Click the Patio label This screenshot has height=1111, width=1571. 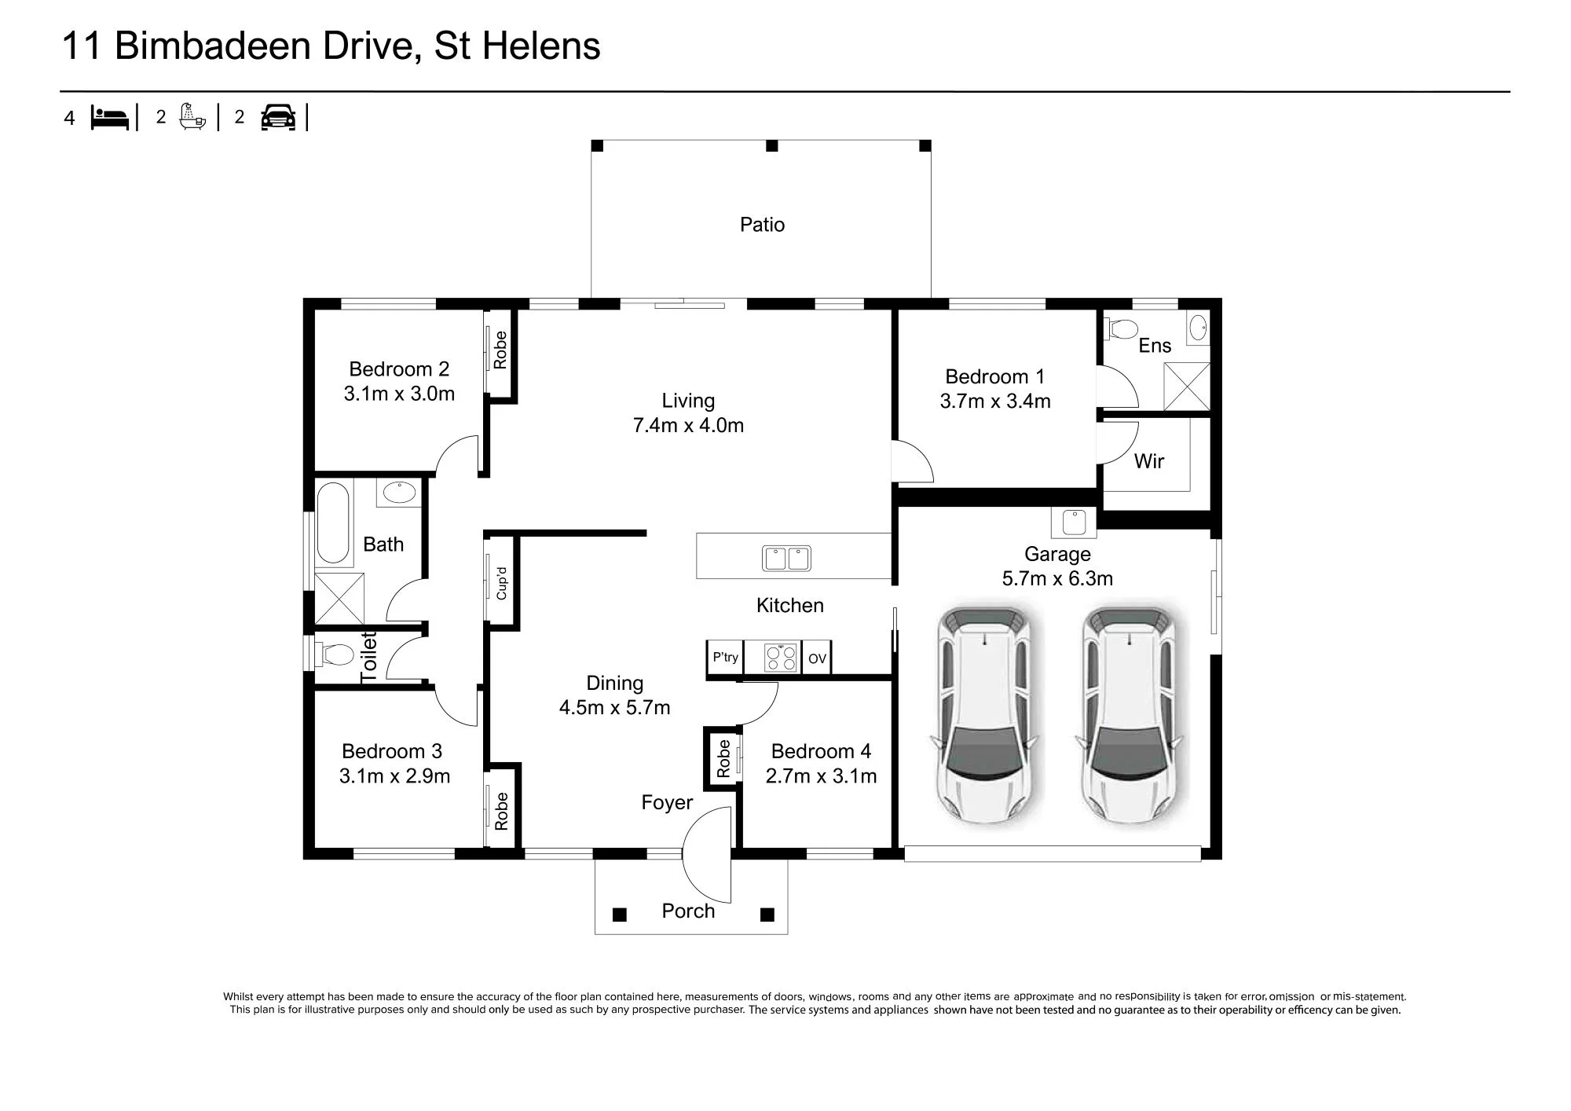click(x=762, y=225)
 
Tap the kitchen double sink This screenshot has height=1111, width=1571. click(x=786, y=559)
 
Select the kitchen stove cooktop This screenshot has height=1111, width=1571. click(x=782, y=658)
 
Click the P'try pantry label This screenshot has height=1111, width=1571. click(x=725, y=658)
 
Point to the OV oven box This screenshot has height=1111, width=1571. click(x=817, y=658)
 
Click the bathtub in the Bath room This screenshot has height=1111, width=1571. click(x=333, y=522)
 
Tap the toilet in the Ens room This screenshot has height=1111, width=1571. click(x=1121, y=328)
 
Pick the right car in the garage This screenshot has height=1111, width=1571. click(x=1130, y=714)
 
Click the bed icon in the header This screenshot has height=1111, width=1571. click(x=109, y=117)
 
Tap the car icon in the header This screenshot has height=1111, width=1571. click(x=278, y=117)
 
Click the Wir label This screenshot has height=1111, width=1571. click(x=1148, y=461)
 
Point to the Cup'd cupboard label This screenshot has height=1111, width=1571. click(x=501, y=583)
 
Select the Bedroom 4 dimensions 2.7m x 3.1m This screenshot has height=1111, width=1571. click(x=821, y=776)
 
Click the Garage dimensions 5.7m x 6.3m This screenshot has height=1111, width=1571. click(x=1057, y=579)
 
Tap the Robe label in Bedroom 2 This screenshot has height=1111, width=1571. click(x=500, y=350)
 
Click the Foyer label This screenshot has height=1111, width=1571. click(x=667, y=802)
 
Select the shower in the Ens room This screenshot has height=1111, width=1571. click(x=1186, y=386)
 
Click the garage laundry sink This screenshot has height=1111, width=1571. click(x=1074, y=522)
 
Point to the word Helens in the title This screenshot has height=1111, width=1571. click(x=540, y=46)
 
